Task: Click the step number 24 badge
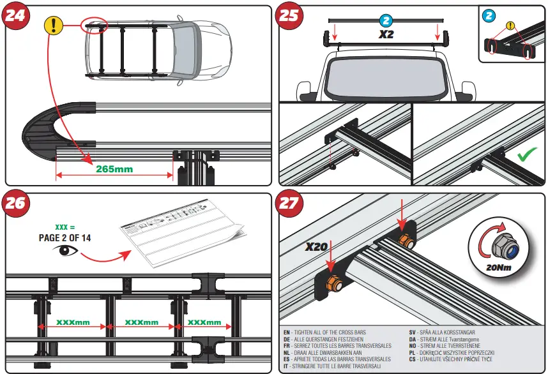point(16,15)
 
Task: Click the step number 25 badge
point(289,15)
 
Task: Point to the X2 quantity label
point(385,34)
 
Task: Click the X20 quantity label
point(316,247)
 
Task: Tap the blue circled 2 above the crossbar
point(385,20)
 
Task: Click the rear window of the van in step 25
point(386,79)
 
